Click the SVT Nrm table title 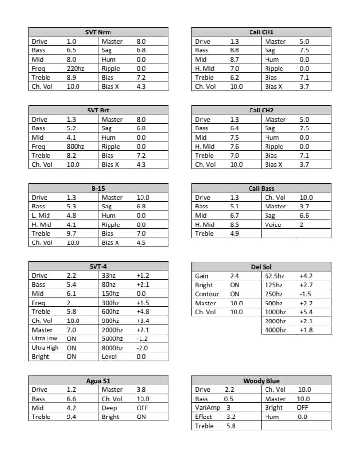click(x=98, y=32)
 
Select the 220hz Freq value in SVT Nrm click(x=75, y=69)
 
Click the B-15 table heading click(x=98, y=188)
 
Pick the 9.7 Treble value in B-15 click(x=71, y=234)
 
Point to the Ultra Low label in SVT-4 click(x=45, y=338)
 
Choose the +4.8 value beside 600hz click(x=143, y=312)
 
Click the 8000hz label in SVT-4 click(x=112, y=348)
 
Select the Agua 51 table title click(x=98, y=381)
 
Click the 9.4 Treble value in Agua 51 click(x=71, y=417)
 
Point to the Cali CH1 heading click(x=261, y=32)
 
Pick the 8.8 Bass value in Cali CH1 click(x=234, y=50)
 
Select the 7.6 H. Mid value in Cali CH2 click(x=234, y=146)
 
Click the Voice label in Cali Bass click(x=273, y=225)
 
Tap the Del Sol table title click(x=261, y=267)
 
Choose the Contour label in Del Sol click(x=207, y=294)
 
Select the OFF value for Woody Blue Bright click(x=302, y=408)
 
